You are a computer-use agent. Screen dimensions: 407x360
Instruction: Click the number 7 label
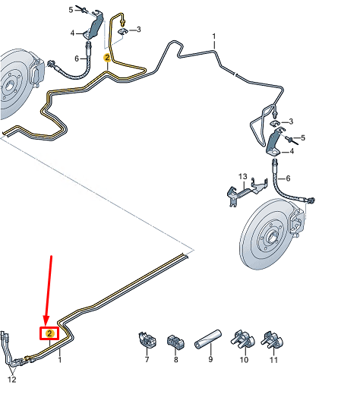147,359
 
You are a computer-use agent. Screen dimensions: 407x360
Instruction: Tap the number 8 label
176,359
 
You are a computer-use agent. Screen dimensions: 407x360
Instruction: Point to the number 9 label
210,359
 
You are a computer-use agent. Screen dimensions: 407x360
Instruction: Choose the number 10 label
244,359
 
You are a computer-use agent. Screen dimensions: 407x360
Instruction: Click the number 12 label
11,380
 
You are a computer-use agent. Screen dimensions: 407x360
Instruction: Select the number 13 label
242,177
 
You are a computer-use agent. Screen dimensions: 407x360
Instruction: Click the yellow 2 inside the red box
49,333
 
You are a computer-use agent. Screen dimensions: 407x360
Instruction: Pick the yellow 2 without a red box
108,58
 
